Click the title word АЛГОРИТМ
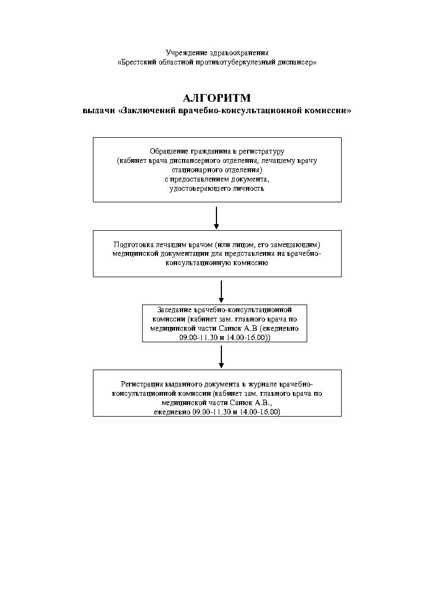217,98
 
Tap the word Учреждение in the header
184,52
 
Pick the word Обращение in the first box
167,150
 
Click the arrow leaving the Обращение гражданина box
216,218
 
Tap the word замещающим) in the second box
300,244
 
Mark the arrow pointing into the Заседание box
221,291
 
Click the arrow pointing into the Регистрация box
221,356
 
